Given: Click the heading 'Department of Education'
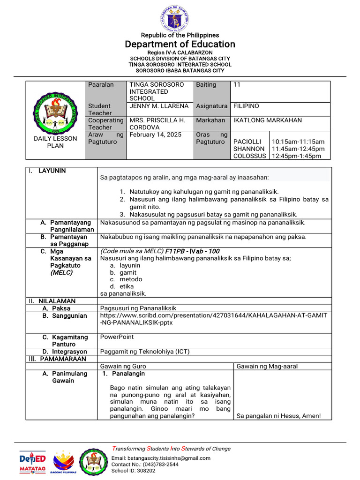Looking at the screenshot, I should click(x=180, y=44).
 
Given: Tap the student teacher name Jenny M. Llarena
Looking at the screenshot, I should click(x=159, y=106).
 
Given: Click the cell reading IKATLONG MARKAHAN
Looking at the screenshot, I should click(x=267, y=120).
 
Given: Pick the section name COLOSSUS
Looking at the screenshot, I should click(x=249, y=156).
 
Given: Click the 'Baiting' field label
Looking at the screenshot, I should click(x=206, y=85).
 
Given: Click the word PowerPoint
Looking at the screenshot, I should click(x=117, y=337).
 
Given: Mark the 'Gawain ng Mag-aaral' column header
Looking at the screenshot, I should click(x=267, y=366).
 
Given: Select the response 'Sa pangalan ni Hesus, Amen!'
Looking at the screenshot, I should click(x=278, y=416).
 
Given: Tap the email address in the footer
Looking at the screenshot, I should click(x=161, y=458).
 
